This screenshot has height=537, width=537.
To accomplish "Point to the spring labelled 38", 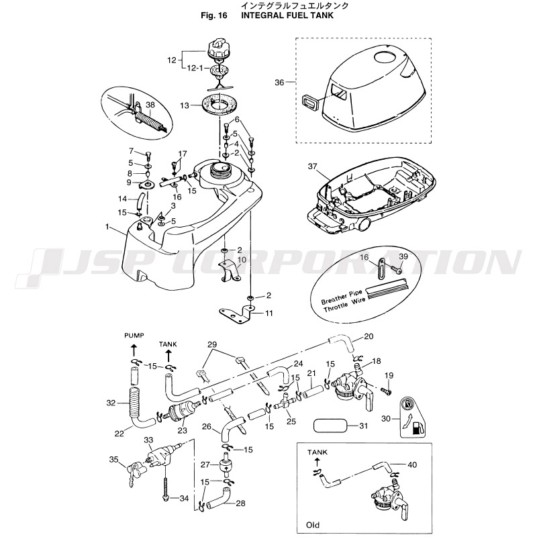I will point(149,121).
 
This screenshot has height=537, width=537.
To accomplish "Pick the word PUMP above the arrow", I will point(134,334).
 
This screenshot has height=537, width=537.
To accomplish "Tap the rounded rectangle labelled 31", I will point(332,426).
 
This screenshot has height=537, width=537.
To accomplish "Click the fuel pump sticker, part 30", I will point(412,419).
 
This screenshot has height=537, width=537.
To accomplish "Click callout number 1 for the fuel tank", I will point(107,227).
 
